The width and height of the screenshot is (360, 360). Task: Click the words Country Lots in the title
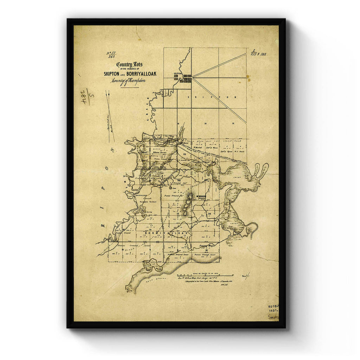[x=129, y=65]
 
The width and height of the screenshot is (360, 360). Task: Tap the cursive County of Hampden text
[x=128, y=81]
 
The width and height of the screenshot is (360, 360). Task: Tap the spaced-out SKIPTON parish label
[x=212, y=97]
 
